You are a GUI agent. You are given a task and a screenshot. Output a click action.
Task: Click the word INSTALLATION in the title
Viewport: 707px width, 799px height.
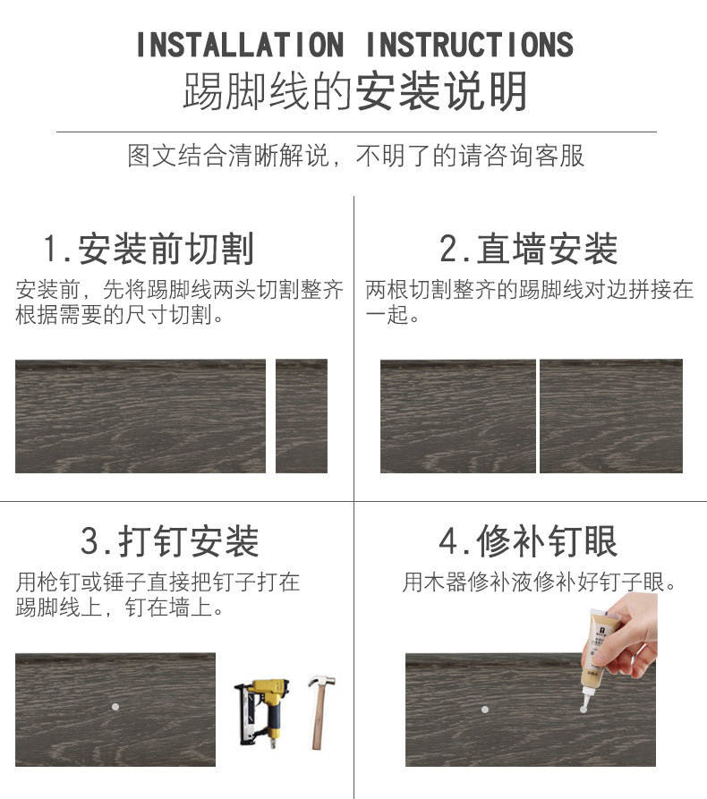240,45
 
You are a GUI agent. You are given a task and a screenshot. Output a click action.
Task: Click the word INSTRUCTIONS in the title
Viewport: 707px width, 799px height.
470,45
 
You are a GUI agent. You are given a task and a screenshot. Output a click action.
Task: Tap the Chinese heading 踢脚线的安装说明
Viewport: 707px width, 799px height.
355,91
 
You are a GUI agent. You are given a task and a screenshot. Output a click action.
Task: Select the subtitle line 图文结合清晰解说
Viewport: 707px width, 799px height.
228,156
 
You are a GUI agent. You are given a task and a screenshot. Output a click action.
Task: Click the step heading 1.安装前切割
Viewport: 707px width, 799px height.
149,249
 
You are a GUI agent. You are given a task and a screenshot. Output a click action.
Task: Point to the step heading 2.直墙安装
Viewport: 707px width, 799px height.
529,249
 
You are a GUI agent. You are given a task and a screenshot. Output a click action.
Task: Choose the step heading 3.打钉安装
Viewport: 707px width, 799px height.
170,541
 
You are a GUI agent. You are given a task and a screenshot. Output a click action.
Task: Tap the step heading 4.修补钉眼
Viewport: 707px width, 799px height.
529,541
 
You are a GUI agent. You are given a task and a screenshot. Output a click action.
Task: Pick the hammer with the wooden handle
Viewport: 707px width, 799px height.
320,712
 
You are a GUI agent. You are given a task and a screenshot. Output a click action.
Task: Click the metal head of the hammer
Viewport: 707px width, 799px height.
321,681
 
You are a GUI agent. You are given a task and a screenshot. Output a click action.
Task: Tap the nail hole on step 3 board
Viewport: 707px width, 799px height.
115,707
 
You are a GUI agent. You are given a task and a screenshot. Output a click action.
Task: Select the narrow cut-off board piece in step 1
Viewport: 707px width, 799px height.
302,416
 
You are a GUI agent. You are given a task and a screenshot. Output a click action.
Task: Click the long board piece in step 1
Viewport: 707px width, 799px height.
141,416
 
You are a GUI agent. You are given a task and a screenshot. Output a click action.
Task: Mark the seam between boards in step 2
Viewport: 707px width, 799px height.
538,416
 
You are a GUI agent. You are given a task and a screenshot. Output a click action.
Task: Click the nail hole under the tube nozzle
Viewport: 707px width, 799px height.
583,710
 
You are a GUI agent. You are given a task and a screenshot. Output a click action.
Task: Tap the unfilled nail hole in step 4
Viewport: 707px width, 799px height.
485,710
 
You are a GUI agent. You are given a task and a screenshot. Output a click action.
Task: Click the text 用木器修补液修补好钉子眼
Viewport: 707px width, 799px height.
539,582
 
